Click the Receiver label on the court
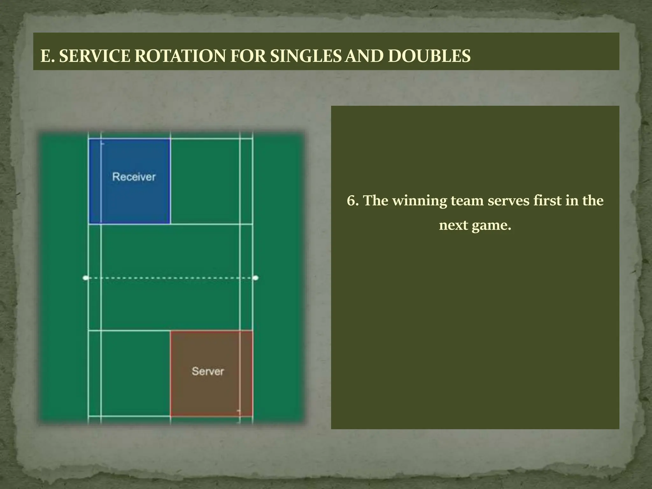[x=134, y=177]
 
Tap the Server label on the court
[x=208, y=371]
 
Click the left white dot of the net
[x=85, y=278]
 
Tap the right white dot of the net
[x=256, y=278]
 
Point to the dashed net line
[x=170, y=278]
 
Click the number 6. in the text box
[x=353, y=201]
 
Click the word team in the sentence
[x=467, y=201]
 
